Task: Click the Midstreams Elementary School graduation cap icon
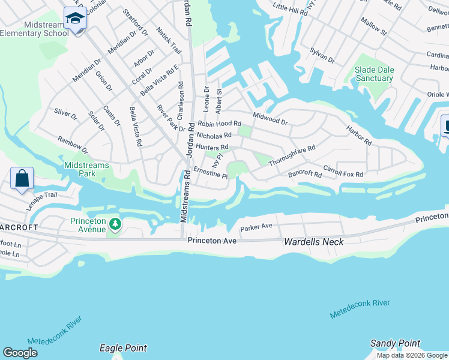click(x=76, y=19)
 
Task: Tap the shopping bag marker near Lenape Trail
click(x=22, y=178)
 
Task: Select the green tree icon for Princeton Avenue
click(x=115, y=224)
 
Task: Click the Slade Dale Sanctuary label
click(x=374, y=74)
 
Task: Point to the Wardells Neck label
click(x=313, y=241)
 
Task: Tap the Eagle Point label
click(x=123, y=348)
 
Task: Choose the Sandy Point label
click(x=394, y=343)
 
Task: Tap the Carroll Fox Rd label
click(x=343, y=171)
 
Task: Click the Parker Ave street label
click(x=256, y=227)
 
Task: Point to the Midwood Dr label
click(x=270, y=117)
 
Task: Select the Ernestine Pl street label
click(x=210, y=173)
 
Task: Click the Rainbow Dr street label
click(x=73, y=145)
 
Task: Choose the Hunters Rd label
click(x=212, y=147)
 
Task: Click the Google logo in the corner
click(x=20, y=352)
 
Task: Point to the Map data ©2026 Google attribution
click(x=412, y=355)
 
